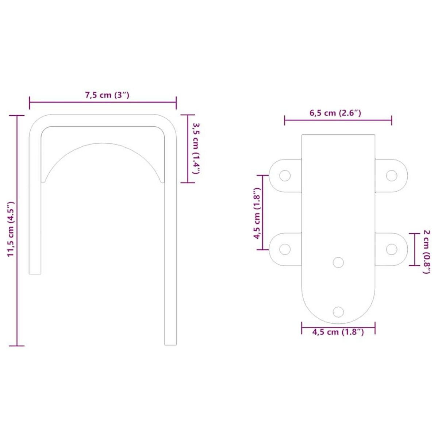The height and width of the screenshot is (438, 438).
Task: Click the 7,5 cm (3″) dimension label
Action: point(107,95)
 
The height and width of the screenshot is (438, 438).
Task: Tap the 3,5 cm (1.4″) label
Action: point(196,148)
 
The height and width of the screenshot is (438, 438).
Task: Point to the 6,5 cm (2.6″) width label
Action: point(335,113)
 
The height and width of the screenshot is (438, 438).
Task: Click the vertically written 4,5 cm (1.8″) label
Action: point(257,213)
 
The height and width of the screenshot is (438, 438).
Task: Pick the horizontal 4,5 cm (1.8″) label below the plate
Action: point(338,332)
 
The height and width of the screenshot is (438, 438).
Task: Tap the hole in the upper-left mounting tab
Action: point(285,176)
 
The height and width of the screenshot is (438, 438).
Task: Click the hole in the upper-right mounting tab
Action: point(392,176)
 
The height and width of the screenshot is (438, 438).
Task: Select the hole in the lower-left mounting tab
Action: point(285,250)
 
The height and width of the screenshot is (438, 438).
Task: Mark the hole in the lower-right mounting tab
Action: point(392,250)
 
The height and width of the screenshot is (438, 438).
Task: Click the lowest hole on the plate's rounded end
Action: point(338,312)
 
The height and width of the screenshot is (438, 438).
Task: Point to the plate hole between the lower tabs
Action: point(338,262)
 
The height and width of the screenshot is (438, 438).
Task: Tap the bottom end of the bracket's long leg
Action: point(170,343)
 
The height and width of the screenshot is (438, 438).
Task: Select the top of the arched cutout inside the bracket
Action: point(103,143)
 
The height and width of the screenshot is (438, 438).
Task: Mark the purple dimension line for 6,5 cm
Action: point(338,120)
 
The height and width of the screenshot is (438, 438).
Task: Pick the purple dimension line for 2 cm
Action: point(414,250)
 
